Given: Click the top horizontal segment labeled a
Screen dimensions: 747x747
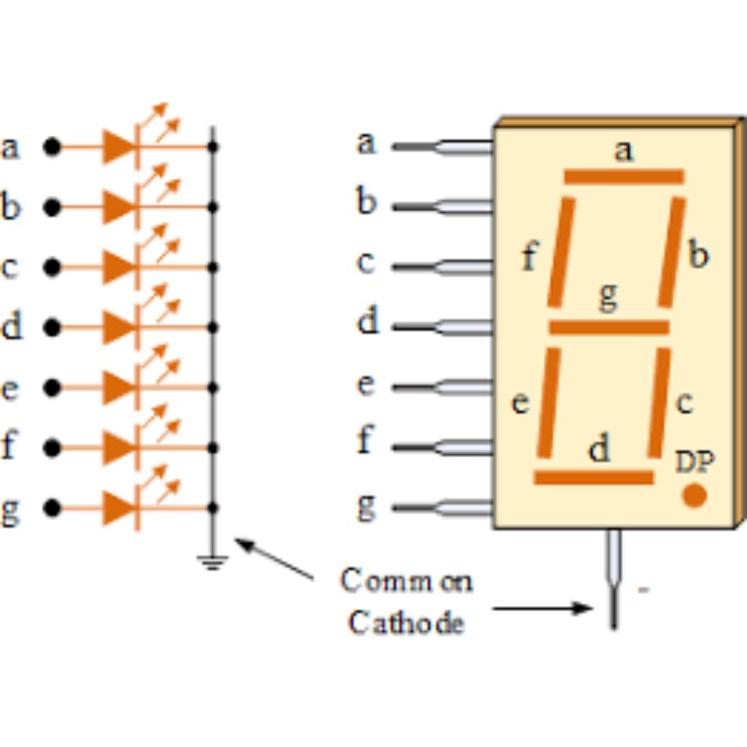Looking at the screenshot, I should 624,176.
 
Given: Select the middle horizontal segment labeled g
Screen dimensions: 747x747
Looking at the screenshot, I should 609,327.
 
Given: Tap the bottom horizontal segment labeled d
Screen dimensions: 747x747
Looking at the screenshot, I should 594,477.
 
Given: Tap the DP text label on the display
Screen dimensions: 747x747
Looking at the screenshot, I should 694,463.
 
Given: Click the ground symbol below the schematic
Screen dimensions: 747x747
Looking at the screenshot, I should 213,562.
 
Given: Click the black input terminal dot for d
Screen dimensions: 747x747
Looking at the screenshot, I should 52,327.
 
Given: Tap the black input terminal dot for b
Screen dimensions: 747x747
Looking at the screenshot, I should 52,207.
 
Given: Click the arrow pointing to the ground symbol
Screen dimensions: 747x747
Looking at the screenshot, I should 273,559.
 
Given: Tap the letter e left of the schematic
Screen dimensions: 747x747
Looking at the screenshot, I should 10,388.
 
